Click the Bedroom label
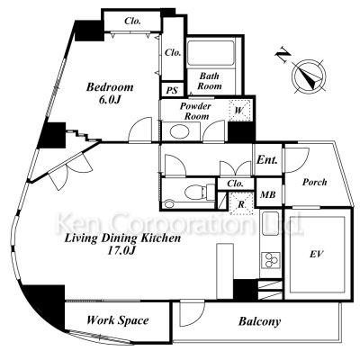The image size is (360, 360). click(110, 87)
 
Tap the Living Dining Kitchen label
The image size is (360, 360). click(123, 238)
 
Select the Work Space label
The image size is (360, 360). click(118, 320)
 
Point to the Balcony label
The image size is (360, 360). click(260, 321)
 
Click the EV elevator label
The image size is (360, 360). click(317, 255)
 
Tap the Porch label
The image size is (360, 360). click(314, 182)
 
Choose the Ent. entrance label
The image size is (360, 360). click(267, 160)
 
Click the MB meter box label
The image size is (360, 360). click(268, 194)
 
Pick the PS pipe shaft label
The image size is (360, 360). click(172, 90)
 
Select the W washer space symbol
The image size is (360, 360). click(239, 110)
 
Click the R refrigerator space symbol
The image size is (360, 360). click(241, 204)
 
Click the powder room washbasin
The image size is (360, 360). click(179, 131)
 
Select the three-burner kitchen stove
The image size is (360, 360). click(271, 260)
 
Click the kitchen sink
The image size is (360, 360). click(271, 223)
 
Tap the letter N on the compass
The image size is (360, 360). click(283, 56)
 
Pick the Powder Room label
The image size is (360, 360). click(195, 111)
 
